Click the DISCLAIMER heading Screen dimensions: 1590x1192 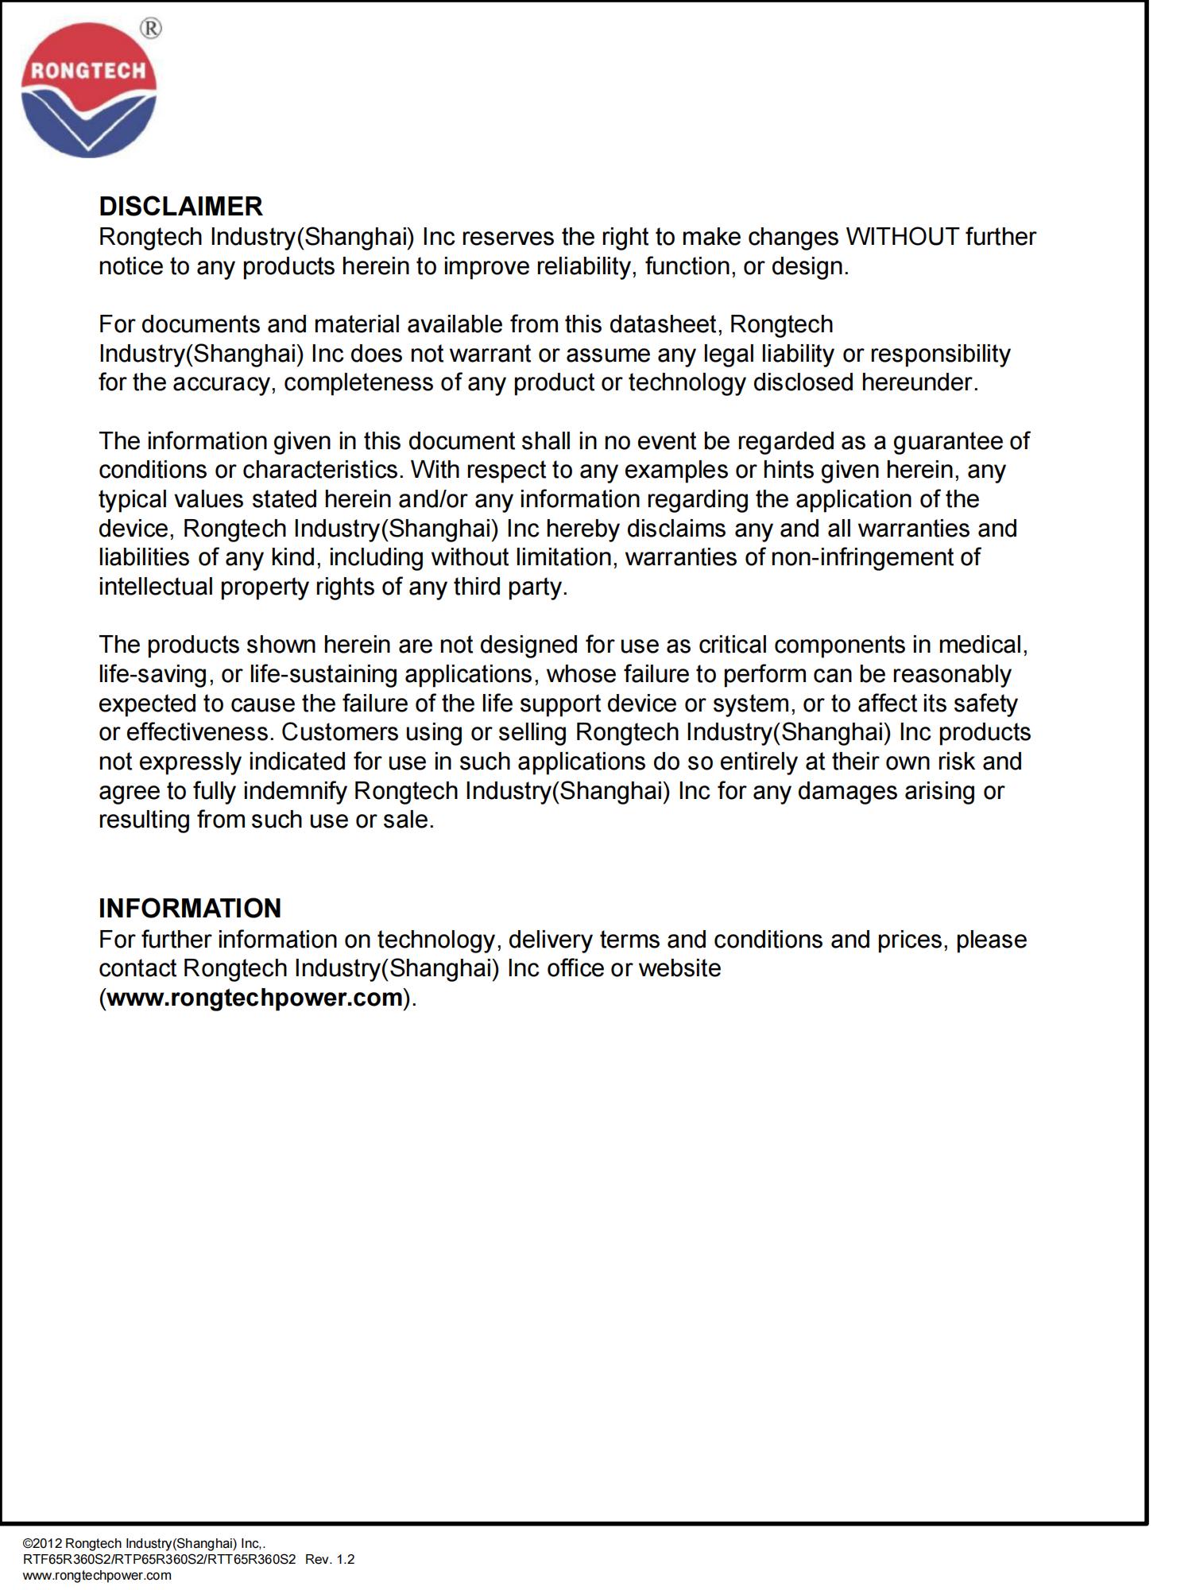(x=180, y=207)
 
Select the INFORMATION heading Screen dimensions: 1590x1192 (x=190, y=908)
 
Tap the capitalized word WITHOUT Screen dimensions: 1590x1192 (x=902, y=237)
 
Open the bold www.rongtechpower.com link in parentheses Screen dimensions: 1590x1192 (x=254, y=998)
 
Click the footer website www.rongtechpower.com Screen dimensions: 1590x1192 (x=97, y=1575)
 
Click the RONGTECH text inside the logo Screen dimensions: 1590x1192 (x=88, y=71)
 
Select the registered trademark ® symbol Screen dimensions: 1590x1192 (x=150, y=29)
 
